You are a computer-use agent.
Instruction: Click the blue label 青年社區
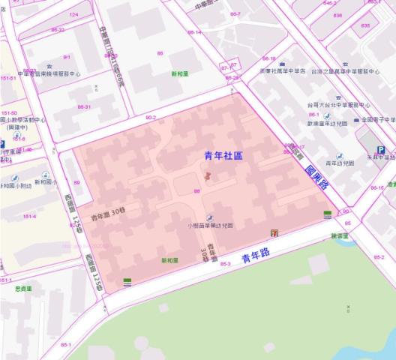click(x=223, y=155)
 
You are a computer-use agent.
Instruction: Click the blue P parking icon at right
click(x=381, y=150)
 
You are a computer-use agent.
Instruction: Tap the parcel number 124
click(x=73, y=14)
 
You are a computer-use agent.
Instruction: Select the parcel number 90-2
click(x=151, y=117)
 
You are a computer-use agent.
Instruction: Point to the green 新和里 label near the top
click(x=179, y=74)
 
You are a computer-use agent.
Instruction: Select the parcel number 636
click(x=337, y=15)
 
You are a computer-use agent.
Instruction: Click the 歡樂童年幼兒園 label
click(x=326, y=123)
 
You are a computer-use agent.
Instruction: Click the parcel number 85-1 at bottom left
click(x=66, y=344)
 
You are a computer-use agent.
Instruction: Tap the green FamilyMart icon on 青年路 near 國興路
click(x=328, y=214)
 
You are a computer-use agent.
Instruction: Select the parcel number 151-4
click(x=29, y=216)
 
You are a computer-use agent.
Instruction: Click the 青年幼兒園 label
click(x=340, y=163)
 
